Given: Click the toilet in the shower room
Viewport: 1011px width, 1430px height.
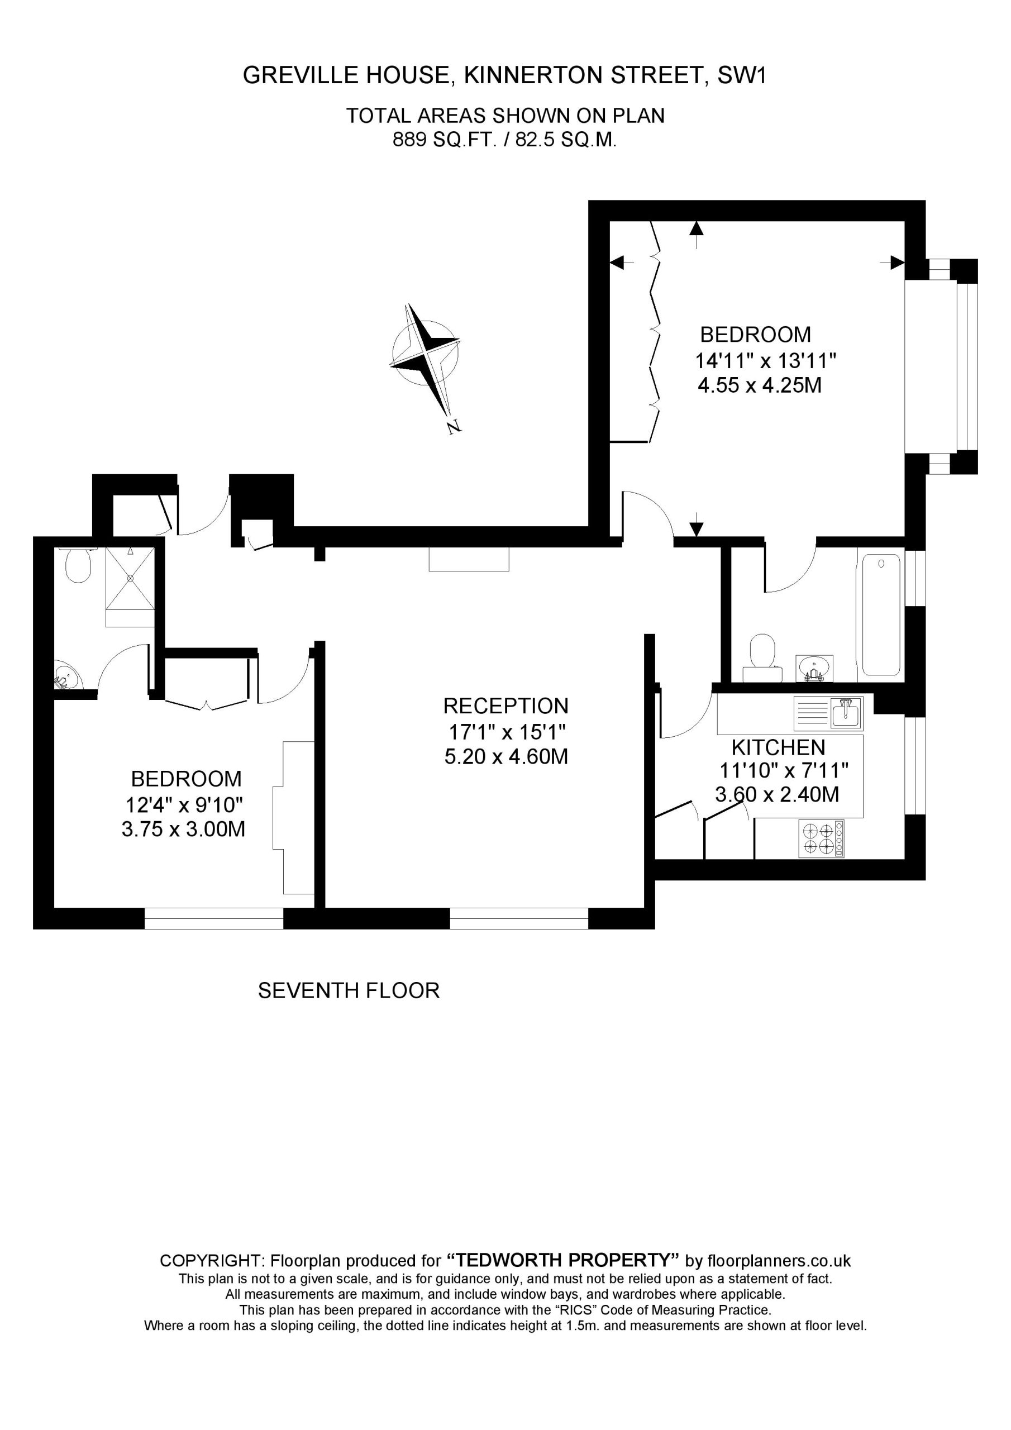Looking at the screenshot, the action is (79, 565).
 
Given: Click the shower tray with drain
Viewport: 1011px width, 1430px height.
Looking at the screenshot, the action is (130, 579).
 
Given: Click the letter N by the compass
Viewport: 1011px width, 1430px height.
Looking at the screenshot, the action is (454, 427).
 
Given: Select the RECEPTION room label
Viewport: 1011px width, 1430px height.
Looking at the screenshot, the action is (506, 706).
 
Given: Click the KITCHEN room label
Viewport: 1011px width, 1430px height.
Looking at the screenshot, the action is (778, 747).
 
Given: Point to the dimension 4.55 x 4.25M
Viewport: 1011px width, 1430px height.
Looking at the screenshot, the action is (759, 385).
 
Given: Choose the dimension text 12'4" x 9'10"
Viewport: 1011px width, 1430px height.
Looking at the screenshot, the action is (184, 806).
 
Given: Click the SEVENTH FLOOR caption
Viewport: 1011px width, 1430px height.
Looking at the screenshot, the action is (349, 991).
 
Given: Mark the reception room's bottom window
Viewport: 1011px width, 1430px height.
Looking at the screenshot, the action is (519, 919).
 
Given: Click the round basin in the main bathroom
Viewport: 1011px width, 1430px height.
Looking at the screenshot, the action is (815, 667).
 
